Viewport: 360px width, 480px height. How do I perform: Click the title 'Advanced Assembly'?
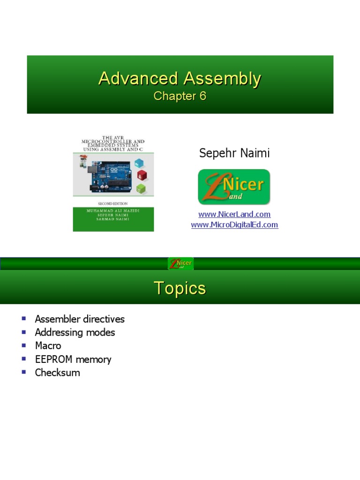point(180,79)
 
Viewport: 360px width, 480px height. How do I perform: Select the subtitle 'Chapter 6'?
point(180,96)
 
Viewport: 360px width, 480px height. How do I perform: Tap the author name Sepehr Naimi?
point(234,153)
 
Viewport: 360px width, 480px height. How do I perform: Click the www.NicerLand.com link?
point(234,214)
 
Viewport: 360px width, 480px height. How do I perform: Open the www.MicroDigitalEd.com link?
point(234,225)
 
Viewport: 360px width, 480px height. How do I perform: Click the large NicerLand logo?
point(234,187)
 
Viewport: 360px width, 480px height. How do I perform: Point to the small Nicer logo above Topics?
point(180,263)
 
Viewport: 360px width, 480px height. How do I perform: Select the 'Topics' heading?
point(180,288)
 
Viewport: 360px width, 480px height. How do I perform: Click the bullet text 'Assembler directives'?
point(80,319)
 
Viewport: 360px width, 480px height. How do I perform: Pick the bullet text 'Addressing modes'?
point(75,332)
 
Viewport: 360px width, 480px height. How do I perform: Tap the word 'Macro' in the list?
point(48,345)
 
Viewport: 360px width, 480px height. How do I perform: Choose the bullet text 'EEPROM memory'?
point(73,360)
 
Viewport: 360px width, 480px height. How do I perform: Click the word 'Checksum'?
point(57,373)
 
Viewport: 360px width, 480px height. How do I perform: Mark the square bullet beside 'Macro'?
point(24,345)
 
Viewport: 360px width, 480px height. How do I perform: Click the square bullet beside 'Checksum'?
point(24,372)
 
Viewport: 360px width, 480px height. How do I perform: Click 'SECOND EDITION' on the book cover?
point(113,204)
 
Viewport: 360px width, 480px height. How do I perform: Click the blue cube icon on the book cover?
point(140,163)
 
